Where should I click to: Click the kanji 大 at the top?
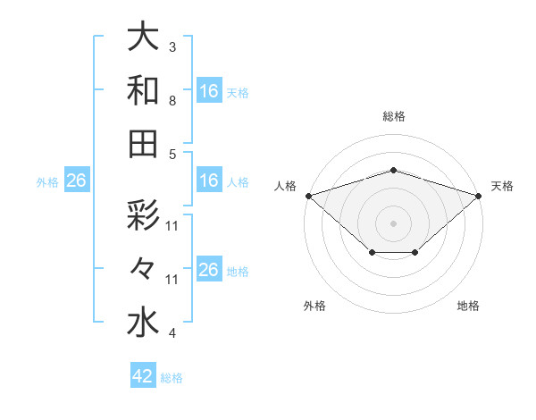142,38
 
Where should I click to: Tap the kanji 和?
142,91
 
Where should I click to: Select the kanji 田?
142,144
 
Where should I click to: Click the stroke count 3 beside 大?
172,46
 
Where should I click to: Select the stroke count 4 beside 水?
172,333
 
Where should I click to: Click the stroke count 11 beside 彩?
173,226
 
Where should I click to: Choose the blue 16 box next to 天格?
209,90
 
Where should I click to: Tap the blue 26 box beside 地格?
209,270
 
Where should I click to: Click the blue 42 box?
143,376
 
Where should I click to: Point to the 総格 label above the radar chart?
393,116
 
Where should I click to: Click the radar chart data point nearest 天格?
479,195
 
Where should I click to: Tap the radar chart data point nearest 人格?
308,195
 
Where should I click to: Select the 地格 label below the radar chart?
468,306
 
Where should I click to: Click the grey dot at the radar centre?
393,223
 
